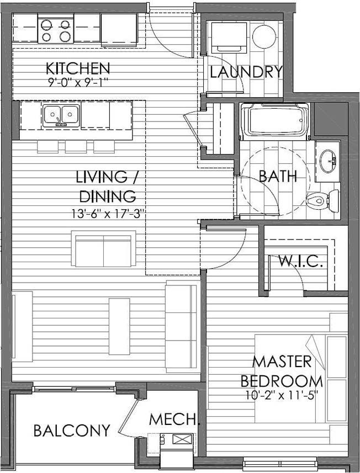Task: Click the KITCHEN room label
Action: [78, 68]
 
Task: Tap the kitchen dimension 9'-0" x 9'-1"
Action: [78, 82]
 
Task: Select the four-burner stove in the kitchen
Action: [56, 30]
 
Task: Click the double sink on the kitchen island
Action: [61, 115]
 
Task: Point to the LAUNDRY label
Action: [246, 72]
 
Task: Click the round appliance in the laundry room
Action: [264, 37]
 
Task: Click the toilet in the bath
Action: [322, 200]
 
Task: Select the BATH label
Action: [278, 176]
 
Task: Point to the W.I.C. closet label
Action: [300, 261]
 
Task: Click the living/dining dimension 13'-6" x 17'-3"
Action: [107, 214]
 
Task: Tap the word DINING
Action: [108, 196]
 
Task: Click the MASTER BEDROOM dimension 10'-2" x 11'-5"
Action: [282, 395]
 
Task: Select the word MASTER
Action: [282, 362]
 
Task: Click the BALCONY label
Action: [72, 431]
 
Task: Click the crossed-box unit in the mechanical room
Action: [182, 439]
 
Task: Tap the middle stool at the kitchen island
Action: [76, 146]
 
